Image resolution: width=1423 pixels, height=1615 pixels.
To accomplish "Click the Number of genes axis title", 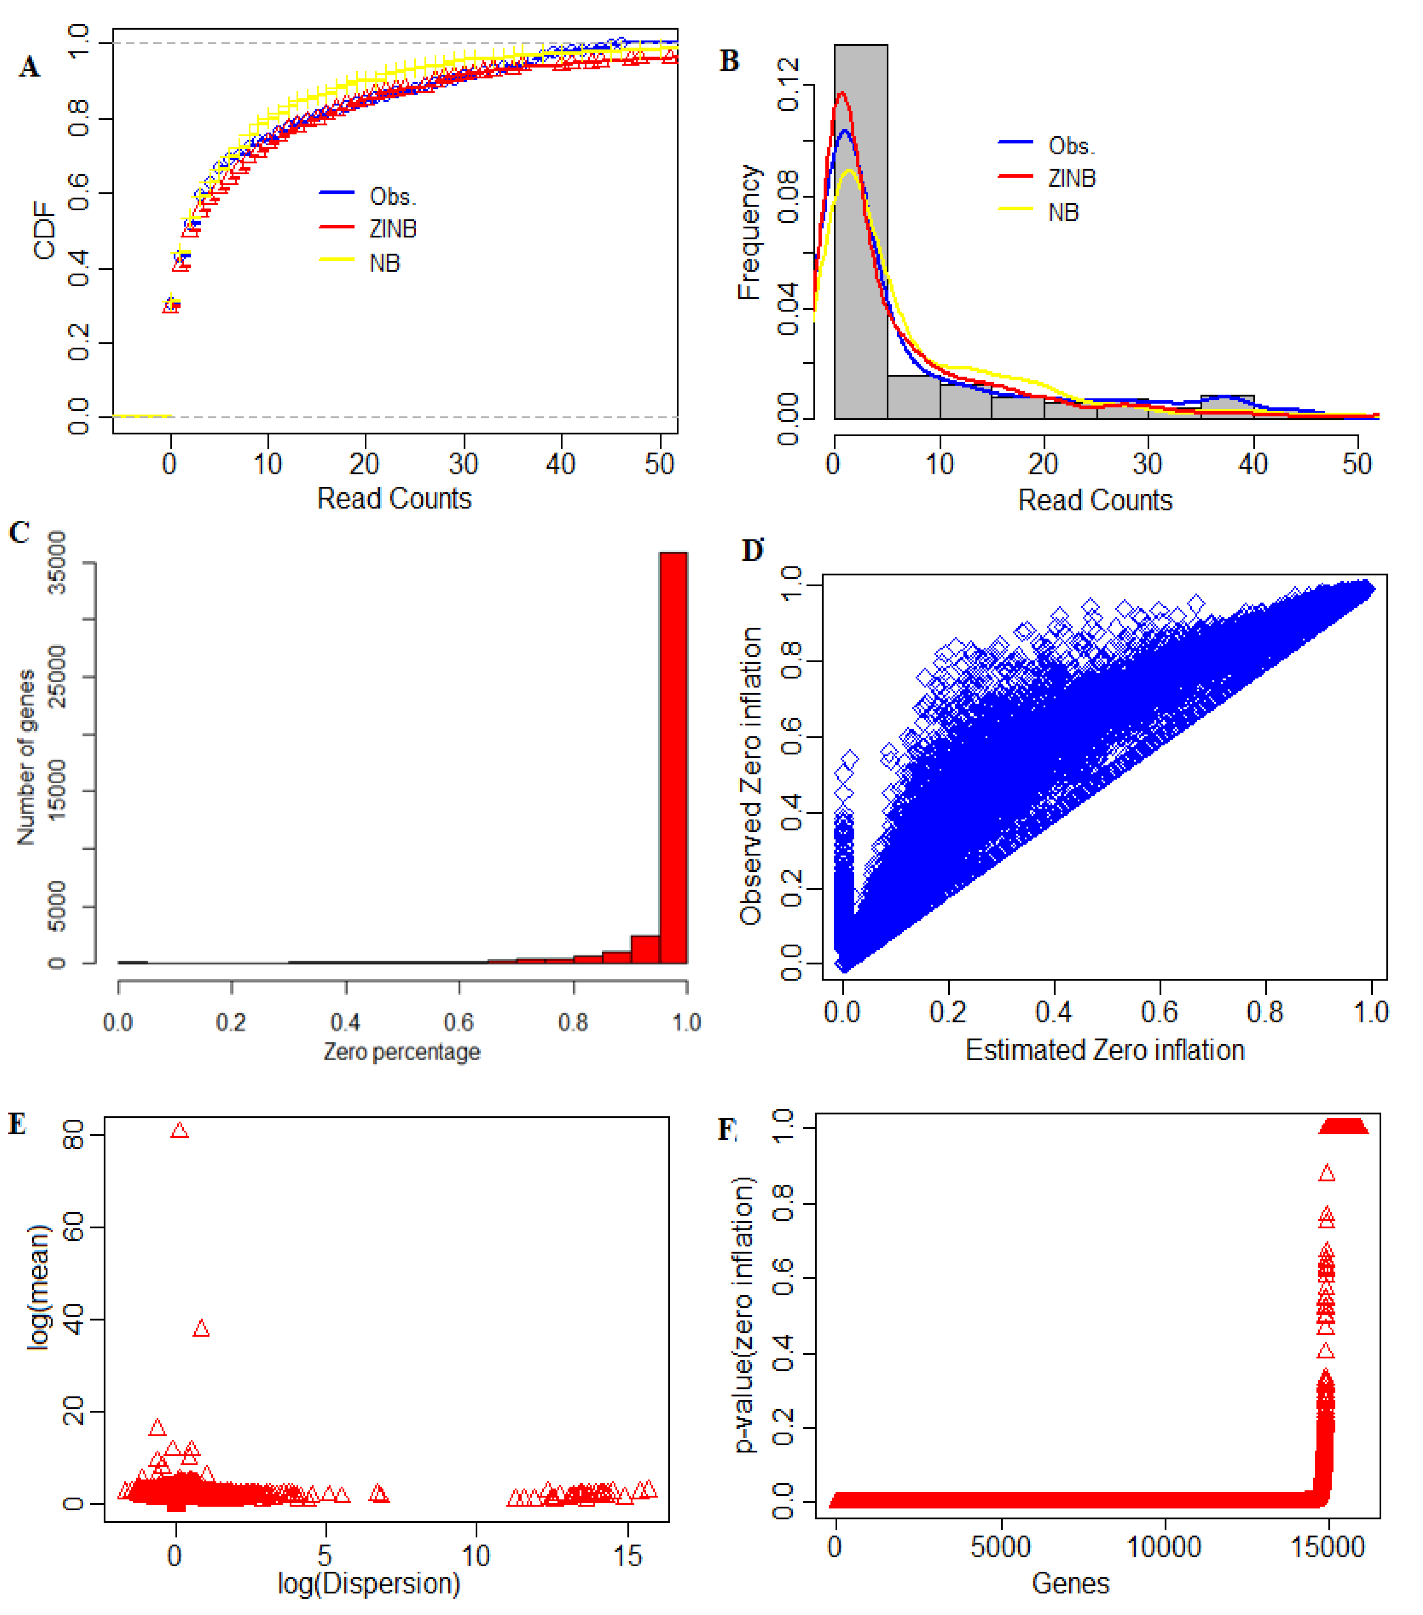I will [x=26, y=757].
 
